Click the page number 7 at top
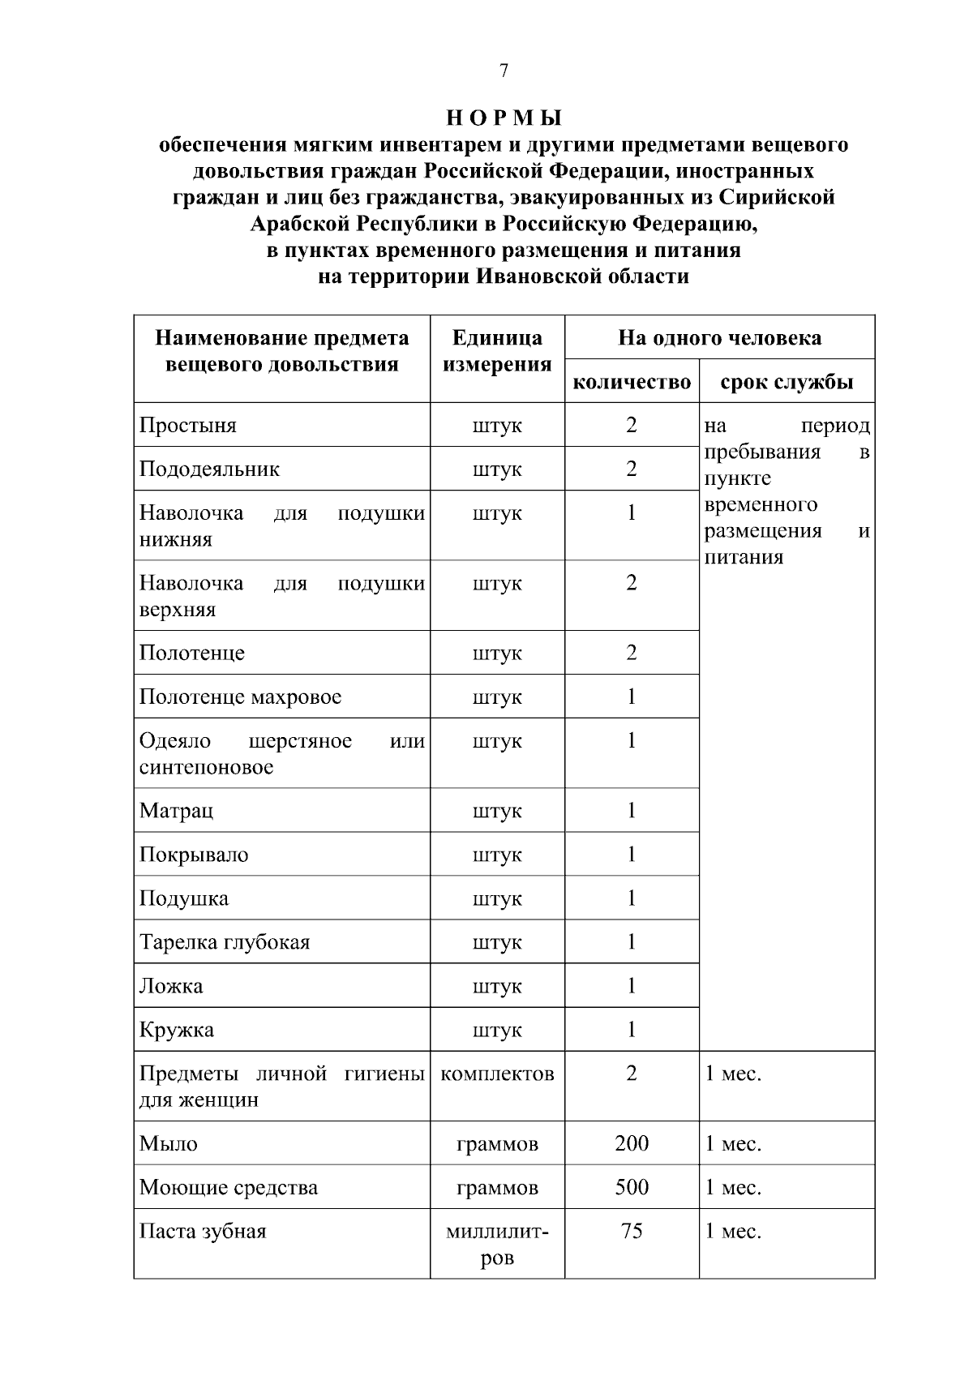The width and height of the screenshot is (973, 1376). pyautogui.click(x=504, y=71)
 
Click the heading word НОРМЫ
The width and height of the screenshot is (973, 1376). pyautogui.click(x=504, y=118)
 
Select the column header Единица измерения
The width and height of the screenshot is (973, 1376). pyautogui.click(x=497, y=351)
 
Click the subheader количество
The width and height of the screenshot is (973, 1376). pyautogui.click(x=632, y=382)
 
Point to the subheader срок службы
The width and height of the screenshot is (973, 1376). pyautogui.click(x=787, y=382)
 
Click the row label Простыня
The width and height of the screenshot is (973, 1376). pyautogui.click(x=188, y=426)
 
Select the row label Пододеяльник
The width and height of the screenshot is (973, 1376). pyautogui.click(x=209, y=469)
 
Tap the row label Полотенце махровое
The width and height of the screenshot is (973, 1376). pyautogui.click(x=240, y=697)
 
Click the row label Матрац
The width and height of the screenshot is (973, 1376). pyautogui.click(x=177, y=811)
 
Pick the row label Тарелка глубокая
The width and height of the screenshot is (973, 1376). pyautogui.click(x=225, y=942)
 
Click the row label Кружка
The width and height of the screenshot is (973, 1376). pyautogui.click(x=177, y=1030)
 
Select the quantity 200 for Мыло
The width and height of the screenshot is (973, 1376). pyautogui.click(x=632, y=1143)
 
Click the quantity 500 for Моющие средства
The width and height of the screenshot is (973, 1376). pyautogui.click(x=632, y=1187)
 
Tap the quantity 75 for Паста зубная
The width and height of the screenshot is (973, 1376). pyautogui.click(x=632, y=1231)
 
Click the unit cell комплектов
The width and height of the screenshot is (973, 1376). pyautogui.click(x=497, y=1074)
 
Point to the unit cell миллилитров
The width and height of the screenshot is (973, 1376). pyautogui.click(x=497, y=1245)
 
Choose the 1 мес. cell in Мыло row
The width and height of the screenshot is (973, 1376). pyautogui.click(x=733, y=1143)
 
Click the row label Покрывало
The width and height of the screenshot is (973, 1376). pyautogui.click(x=194, y=855)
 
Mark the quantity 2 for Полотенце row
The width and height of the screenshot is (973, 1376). pyautogui.click(x=632, y=653)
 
